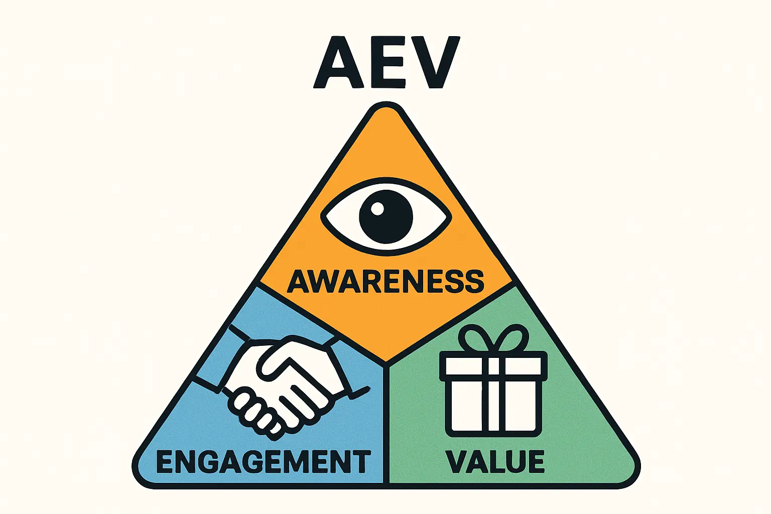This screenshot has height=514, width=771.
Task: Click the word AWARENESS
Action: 385,281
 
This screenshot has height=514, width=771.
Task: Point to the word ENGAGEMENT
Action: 263,462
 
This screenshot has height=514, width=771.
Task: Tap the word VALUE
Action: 495,462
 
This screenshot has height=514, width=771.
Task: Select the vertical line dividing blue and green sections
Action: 386,427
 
